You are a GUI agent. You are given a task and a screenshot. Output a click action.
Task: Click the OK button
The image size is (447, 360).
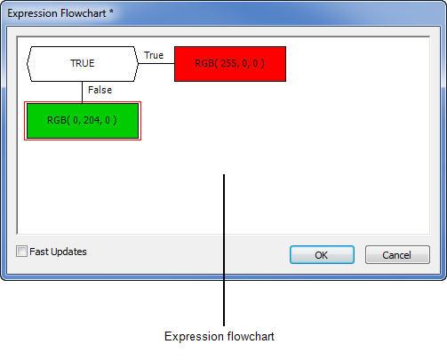click(322, 254)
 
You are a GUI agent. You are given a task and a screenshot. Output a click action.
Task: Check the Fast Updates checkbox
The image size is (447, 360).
click(21, 252)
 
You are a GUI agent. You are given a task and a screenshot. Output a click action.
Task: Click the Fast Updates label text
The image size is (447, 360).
click(58, 252)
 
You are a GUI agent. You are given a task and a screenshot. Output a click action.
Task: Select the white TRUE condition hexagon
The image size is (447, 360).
click(83, 64)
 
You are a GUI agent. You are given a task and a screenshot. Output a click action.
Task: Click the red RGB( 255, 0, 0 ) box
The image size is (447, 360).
click(230, 64)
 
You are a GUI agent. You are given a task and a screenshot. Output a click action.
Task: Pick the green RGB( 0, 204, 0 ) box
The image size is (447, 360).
click(83, 121)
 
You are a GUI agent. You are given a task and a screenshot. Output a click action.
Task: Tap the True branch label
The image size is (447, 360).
click(154, 55)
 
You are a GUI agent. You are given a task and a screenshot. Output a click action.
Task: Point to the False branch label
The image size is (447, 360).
click(100, 90)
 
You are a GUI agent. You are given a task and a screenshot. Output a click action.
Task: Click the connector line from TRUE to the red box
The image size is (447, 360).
click(156, 63)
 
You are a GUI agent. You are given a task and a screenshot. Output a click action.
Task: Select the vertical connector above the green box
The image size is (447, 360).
click(82, 92)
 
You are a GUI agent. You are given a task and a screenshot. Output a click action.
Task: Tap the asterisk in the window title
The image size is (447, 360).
click(111, 12)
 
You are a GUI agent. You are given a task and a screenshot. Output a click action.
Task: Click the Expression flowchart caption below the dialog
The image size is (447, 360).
click(220, 336)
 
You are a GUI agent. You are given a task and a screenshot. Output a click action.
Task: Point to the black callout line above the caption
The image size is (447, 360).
click(224, 250)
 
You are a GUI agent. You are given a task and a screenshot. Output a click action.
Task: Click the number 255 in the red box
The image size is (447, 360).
click(228, 63)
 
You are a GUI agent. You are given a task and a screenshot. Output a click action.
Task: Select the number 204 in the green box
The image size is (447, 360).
click(92, 120)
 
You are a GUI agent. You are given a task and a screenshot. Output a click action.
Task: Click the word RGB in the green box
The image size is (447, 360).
click(57, 120)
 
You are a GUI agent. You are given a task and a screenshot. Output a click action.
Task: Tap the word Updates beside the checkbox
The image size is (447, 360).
click(68, 252)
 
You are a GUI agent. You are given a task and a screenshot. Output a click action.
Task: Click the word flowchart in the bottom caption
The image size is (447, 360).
click(251, 336)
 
